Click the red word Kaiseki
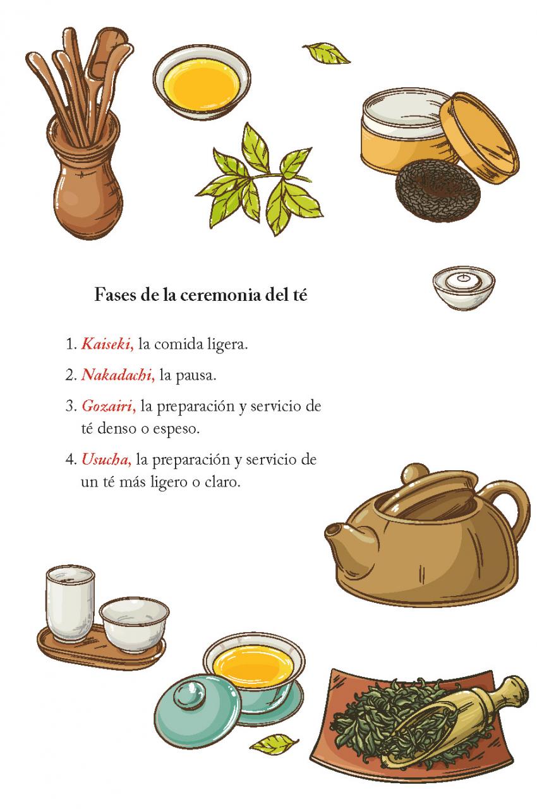(x=107, y=344)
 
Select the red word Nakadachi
(x=118, y=375)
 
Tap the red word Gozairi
(x=109, y=406)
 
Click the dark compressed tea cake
(x=438, y=190)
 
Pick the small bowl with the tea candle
(x=464, y=287)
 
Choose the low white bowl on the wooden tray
(x=134, y=624)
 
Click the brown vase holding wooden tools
(x=85, y=181)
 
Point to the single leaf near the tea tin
(x=327, y=53)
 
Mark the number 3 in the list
(x=70, y=406)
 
